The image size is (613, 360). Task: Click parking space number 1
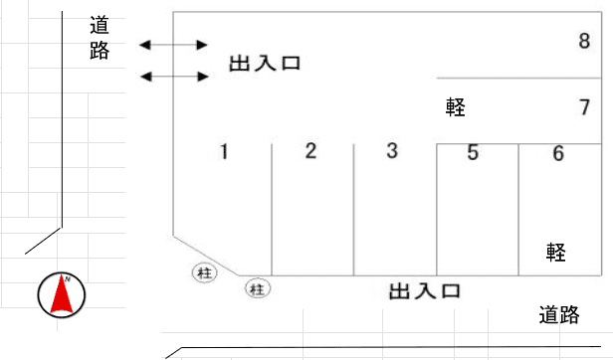click(x=225, y=152)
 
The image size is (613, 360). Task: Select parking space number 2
click(x=310, y=151)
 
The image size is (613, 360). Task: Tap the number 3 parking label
click(x=392, y=151)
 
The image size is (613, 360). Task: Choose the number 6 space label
click(x=558, y=153)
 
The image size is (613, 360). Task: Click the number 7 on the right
click(x=585, y=106)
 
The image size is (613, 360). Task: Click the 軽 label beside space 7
click(x=457, y=106)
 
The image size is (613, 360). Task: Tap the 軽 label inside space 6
click(x=555, y=252)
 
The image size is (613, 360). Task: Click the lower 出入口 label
click(x=424, y=291)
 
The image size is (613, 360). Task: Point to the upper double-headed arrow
click(x=173, y=45)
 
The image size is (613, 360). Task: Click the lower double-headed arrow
click(x=173, y=77)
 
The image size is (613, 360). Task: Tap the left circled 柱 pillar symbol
click(x=204, y=270)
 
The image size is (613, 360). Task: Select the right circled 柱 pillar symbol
click(x=258, y=288)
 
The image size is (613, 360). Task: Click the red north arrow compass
click(x=62, y=295)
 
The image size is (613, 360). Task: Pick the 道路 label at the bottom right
click(x=559, y=315)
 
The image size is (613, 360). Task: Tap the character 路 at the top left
click(x=100, y=52)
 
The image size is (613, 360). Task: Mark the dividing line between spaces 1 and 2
click(x=272, y=209)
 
